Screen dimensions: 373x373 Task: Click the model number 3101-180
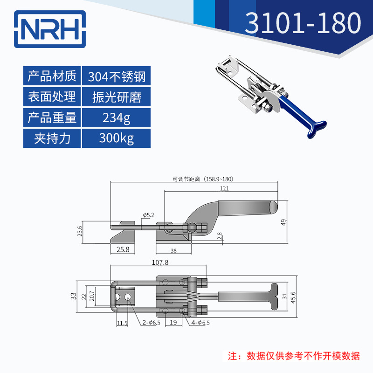click(303, 23)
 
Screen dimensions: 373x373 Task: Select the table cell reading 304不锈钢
click(117, 76)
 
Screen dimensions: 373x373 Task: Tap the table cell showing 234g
click(117, 117)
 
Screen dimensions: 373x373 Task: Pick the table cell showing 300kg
click(117, 138)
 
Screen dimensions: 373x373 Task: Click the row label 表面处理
click(52, 97)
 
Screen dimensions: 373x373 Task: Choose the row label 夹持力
click(52, 138)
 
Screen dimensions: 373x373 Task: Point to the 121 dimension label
click(224, 188)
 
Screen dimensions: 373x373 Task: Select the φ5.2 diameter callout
click(148, 215)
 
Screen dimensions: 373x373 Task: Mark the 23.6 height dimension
click(80, 232)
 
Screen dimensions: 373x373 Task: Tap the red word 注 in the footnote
click(231, 356)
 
